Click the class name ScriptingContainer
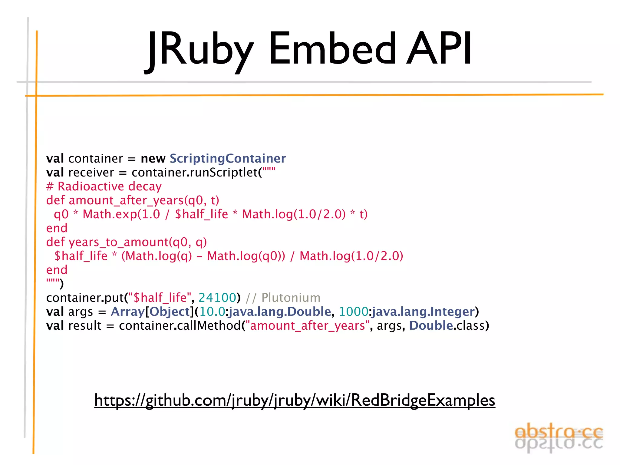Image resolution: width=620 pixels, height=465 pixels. click(x=228, y=158)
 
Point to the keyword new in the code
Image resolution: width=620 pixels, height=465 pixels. click(x=153, y=159)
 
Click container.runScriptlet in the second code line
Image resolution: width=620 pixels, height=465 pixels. click(x=194, y=173)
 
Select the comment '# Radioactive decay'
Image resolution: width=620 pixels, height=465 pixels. click(x=104, y=186)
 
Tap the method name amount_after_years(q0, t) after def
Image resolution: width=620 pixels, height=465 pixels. click(x=144, y=200)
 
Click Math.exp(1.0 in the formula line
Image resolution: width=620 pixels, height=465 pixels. click(x=121, y=214)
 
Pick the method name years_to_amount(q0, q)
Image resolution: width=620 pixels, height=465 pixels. click(x=138, y=242)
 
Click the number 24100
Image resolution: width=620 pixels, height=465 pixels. click(x=217, y=298)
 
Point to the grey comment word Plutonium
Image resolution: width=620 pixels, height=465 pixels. click(x=291, y=298)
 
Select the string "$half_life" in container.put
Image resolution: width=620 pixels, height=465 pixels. click(x=160, y=298)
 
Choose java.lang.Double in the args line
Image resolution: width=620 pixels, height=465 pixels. click(x=280, y=312)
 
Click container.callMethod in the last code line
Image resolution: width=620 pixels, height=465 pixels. click(x=180, y=326)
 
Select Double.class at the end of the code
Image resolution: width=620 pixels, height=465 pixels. click(x=449, y=326)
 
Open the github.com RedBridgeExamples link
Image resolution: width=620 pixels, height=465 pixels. click(x=295, y=400)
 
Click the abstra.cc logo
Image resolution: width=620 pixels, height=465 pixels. click(x=559, y=437)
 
